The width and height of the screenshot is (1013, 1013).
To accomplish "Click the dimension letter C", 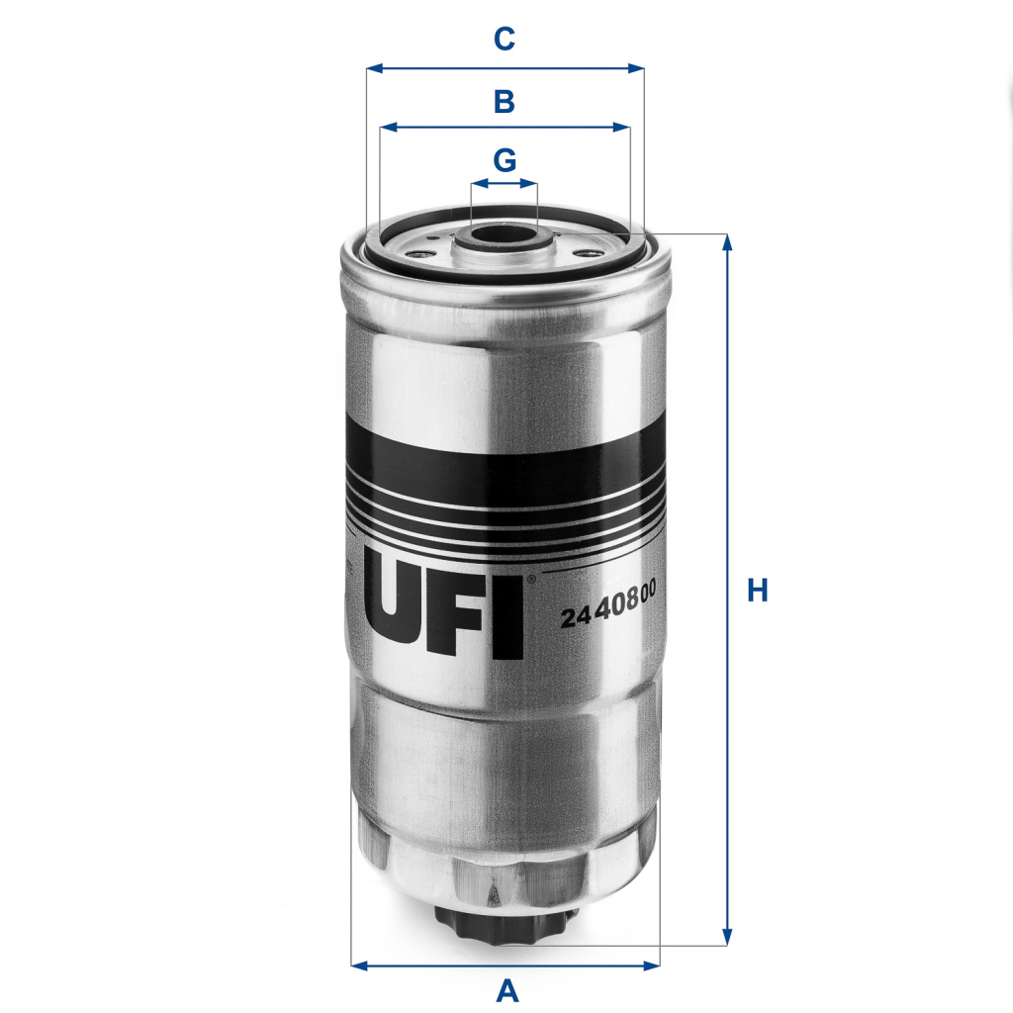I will pos(505,40).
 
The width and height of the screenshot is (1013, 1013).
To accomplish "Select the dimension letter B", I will pos(505,100).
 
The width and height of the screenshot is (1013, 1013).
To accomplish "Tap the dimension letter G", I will pos(505,159).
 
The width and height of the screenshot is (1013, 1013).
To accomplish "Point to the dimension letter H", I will pos(757,591).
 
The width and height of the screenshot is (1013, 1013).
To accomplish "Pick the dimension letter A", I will pos(506,990).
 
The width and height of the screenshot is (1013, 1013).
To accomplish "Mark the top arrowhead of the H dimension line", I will pos(728,240).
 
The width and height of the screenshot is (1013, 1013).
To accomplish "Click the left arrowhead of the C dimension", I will pos(372,69).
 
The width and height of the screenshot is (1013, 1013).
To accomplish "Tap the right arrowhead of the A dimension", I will pos(653,965).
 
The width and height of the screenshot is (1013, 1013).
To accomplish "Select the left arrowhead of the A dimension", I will pos(357,965).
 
